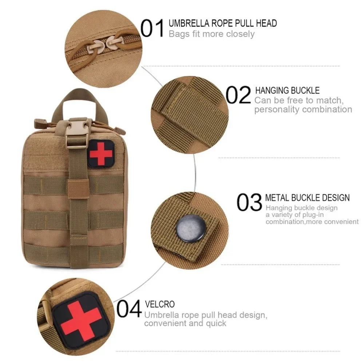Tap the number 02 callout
(x=238, y=95)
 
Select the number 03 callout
(x=249, y=202)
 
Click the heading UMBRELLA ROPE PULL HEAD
(x=222, y=23)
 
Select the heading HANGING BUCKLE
(x=287, y=90)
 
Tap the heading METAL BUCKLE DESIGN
(x=307, y=198)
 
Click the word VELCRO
(x=160, y=304)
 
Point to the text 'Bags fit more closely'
(x=211, y=34)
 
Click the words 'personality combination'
(x=303, y=110)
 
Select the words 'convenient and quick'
(x=185, y=323)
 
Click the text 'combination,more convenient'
(x=312, y=222)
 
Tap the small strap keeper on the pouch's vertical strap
(x=78, y=189)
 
